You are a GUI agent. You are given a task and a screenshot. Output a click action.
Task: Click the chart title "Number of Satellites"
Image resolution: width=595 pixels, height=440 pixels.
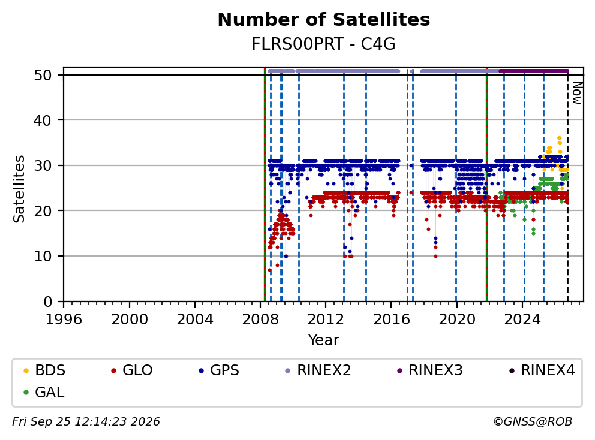[324, 20]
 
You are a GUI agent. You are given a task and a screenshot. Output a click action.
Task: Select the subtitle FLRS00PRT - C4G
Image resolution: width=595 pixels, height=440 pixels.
[324, 44]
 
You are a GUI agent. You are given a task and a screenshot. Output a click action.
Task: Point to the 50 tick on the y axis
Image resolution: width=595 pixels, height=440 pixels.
[43, 75]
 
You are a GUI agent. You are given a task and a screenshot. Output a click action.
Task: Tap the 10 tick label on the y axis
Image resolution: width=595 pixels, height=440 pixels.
[43, 256]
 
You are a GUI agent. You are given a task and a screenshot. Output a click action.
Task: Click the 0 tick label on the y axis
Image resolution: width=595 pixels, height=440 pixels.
[48, 302]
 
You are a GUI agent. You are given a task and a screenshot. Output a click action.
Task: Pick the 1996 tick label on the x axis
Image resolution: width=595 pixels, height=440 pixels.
[64, 320]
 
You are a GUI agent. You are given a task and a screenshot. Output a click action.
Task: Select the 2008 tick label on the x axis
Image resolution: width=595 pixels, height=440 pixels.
[260, 320]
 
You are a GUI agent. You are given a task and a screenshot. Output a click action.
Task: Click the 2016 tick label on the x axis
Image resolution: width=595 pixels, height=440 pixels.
[392, 320]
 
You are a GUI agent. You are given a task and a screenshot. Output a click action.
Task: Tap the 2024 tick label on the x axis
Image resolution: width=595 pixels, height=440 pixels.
[522, 320]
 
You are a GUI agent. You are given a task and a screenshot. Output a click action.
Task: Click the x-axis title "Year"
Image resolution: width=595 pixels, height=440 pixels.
[324, 340]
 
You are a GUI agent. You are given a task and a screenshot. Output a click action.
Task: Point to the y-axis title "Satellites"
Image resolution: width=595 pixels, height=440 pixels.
[19, 189]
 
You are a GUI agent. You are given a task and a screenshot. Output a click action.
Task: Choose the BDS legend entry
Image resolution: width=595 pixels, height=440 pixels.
[44, 370]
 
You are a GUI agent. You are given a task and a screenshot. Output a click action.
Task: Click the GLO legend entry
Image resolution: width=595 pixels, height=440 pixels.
[132, 370]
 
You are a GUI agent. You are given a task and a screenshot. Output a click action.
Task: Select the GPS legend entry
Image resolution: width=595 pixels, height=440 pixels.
[219, 370]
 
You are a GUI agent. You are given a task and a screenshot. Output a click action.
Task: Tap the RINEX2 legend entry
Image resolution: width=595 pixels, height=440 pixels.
[318, 370]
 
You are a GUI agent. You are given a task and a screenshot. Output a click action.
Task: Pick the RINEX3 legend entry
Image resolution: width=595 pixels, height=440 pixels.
[430, 370]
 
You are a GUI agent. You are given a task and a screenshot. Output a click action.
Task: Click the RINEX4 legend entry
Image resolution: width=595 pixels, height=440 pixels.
[542, 370]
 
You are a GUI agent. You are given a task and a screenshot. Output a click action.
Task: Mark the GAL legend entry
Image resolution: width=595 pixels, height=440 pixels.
[44, 392]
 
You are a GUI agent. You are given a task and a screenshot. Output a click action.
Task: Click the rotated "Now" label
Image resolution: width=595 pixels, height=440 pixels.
[577, 94]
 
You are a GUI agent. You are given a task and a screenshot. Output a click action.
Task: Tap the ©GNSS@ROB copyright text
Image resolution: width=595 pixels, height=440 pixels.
[533, 421]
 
